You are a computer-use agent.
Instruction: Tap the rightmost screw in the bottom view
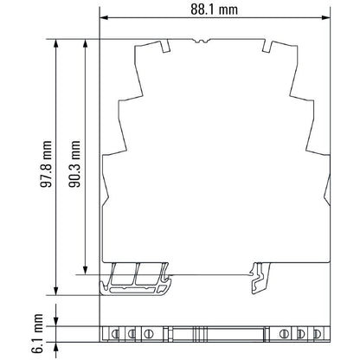(316, 332)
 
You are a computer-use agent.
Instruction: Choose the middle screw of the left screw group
(132, 332)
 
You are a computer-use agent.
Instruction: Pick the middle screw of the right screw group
(299, 332)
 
